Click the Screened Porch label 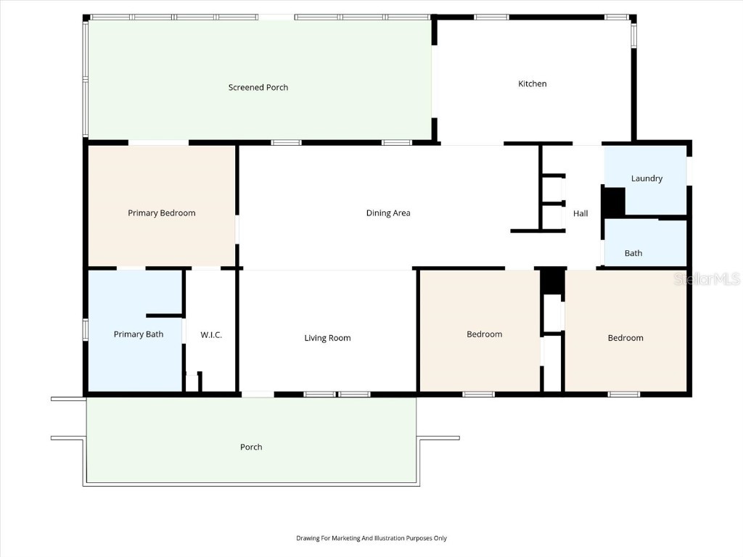point(258,87)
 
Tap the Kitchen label point(532,84)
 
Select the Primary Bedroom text point(162,213)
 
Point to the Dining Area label point(388,213)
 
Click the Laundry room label point(646,178)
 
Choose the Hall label point(580,214)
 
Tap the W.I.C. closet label point(211,335)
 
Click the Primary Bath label point(139,334)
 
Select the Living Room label point(327,338)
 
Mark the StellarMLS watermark point(707,278)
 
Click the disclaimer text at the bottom point(371,538)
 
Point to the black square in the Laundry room point(614,202)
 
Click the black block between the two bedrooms point(552,281)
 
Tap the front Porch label point(251,447)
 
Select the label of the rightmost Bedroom point(625,338)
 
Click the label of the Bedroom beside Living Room point(484,334)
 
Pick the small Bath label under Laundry point(633,253)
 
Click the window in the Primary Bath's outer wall point(86,330)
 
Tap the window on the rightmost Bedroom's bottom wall point(623,394)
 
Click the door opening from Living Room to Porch point(258,394)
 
